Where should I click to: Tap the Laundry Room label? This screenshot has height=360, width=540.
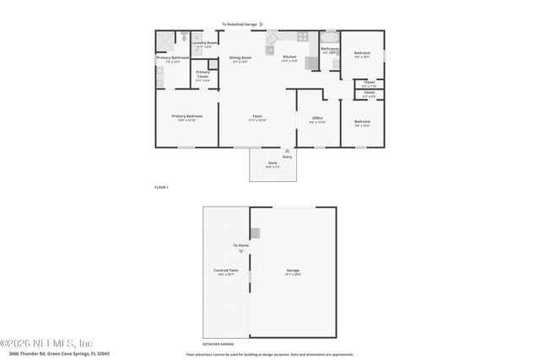pyautogui.click(x=204, y=43)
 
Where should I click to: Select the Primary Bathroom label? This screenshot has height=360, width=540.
pyautogui.click(x=169, y=58)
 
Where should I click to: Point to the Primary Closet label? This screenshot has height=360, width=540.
pyautogui.click(x=202, y=75)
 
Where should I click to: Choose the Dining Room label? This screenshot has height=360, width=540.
pyautogui.click(x=240, y=58)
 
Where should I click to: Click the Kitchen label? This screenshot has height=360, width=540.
pyautogui.click(x=289, y=58)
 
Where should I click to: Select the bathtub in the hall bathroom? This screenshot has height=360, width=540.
pyautogui.click(x=330, y=38)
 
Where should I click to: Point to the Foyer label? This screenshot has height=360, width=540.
pyautogui.click(x=257, y=117)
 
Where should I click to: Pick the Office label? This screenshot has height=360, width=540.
pyautogui.click(x=317, y=119)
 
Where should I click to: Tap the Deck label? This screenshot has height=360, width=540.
pyautogui.click(x=272, y=164)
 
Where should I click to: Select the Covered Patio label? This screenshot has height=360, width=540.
pyautogui.click(x=225, y=271)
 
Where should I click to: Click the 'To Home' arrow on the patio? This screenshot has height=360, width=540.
pyautogui.click(x=240, y=251)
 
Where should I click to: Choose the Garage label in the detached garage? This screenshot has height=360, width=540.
pyautogui.click(x=292, y=271)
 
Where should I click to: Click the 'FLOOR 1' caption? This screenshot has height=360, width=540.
pyautogui.click(x=161, y=186)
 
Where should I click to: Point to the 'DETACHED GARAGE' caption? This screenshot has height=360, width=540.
pyautogui.click(x=218, y=344)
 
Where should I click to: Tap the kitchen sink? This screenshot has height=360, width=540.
pyautogui.click(x=300, y=36)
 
